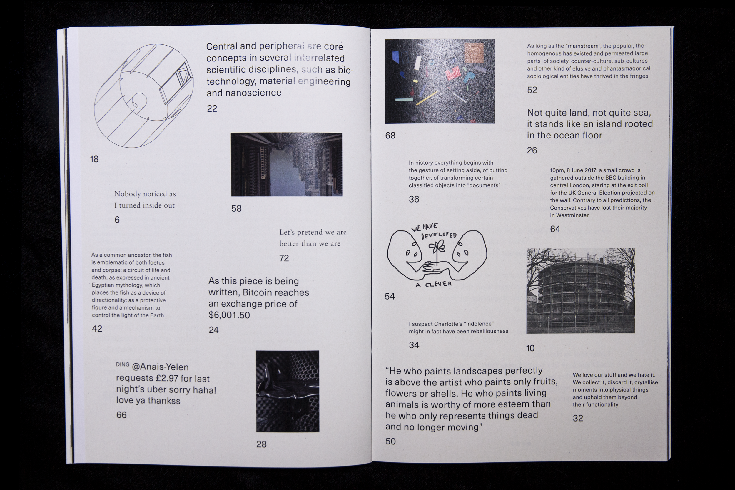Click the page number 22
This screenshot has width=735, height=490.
[212, 108]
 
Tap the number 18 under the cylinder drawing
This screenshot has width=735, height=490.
[94, 159]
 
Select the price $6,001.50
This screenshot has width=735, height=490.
[229, 315]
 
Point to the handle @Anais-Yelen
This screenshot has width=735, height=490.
[160, 367]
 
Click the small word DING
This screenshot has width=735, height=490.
[122, 364]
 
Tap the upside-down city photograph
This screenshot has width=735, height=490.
[286, 165]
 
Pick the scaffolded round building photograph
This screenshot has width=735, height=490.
[580, 291]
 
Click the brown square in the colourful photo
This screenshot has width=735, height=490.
[474, 53]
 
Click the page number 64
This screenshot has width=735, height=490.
[555, 229]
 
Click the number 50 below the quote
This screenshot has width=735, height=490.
[390, 441]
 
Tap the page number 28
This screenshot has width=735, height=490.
[261, 444]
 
